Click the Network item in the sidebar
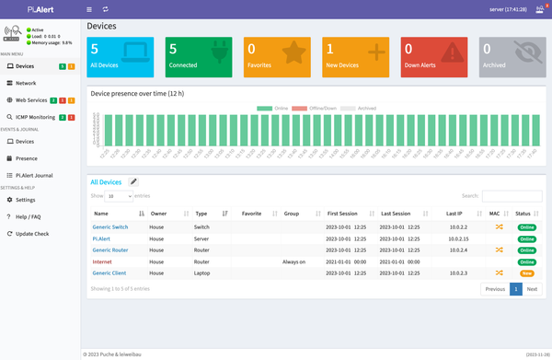click(x=26, y=83)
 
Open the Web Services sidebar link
click(x=31, y=99)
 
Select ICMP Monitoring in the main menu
click(x=35, y=117)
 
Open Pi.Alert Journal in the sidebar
click(x=34, y=174)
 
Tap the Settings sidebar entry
click(x=26, y=199)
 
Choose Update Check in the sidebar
click(x=32, y=233)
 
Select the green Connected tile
click(x=199, y=57)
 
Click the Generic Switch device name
click(x=110, y=226)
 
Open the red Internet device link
click(x=102, y=261)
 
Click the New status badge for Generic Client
click(x=527, y=273)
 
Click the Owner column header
click(x=159, y=213)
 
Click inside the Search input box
click(x=512, y=196)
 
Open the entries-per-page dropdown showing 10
click(x=120, y=196)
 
